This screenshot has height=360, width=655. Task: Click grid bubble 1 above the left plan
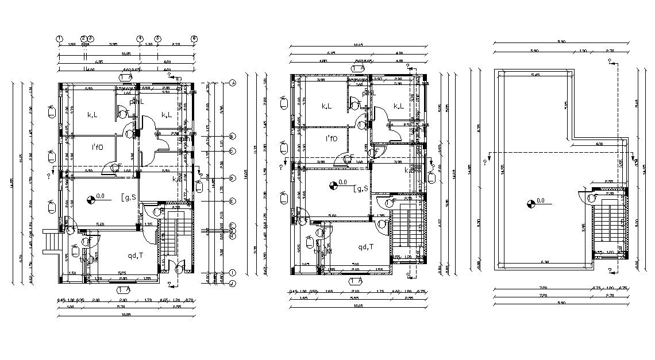[x=59, y=38]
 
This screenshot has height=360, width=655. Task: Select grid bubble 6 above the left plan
[x=194, y=38]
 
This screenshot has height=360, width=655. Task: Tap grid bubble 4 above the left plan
[x=140, y=38]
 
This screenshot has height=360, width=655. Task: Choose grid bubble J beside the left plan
[x=233, y=282]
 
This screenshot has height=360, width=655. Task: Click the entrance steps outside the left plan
[x=52, y=242]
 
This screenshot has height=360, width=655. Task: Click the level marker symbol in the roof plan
[x=529, y=202]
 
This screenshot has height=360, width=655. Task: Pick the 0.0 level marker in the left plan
[x=90, y=199]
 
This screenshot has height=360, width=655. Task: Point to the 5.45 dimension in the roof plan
[x=535, y=75]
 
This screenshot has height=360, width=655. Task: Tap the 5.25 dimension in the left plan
[x=122, y=273]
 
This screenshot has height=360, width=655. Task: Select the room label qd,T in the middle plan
[x=366, y=247]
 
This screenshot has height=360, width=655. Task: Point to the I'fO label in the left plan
[x=97, y=147]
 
